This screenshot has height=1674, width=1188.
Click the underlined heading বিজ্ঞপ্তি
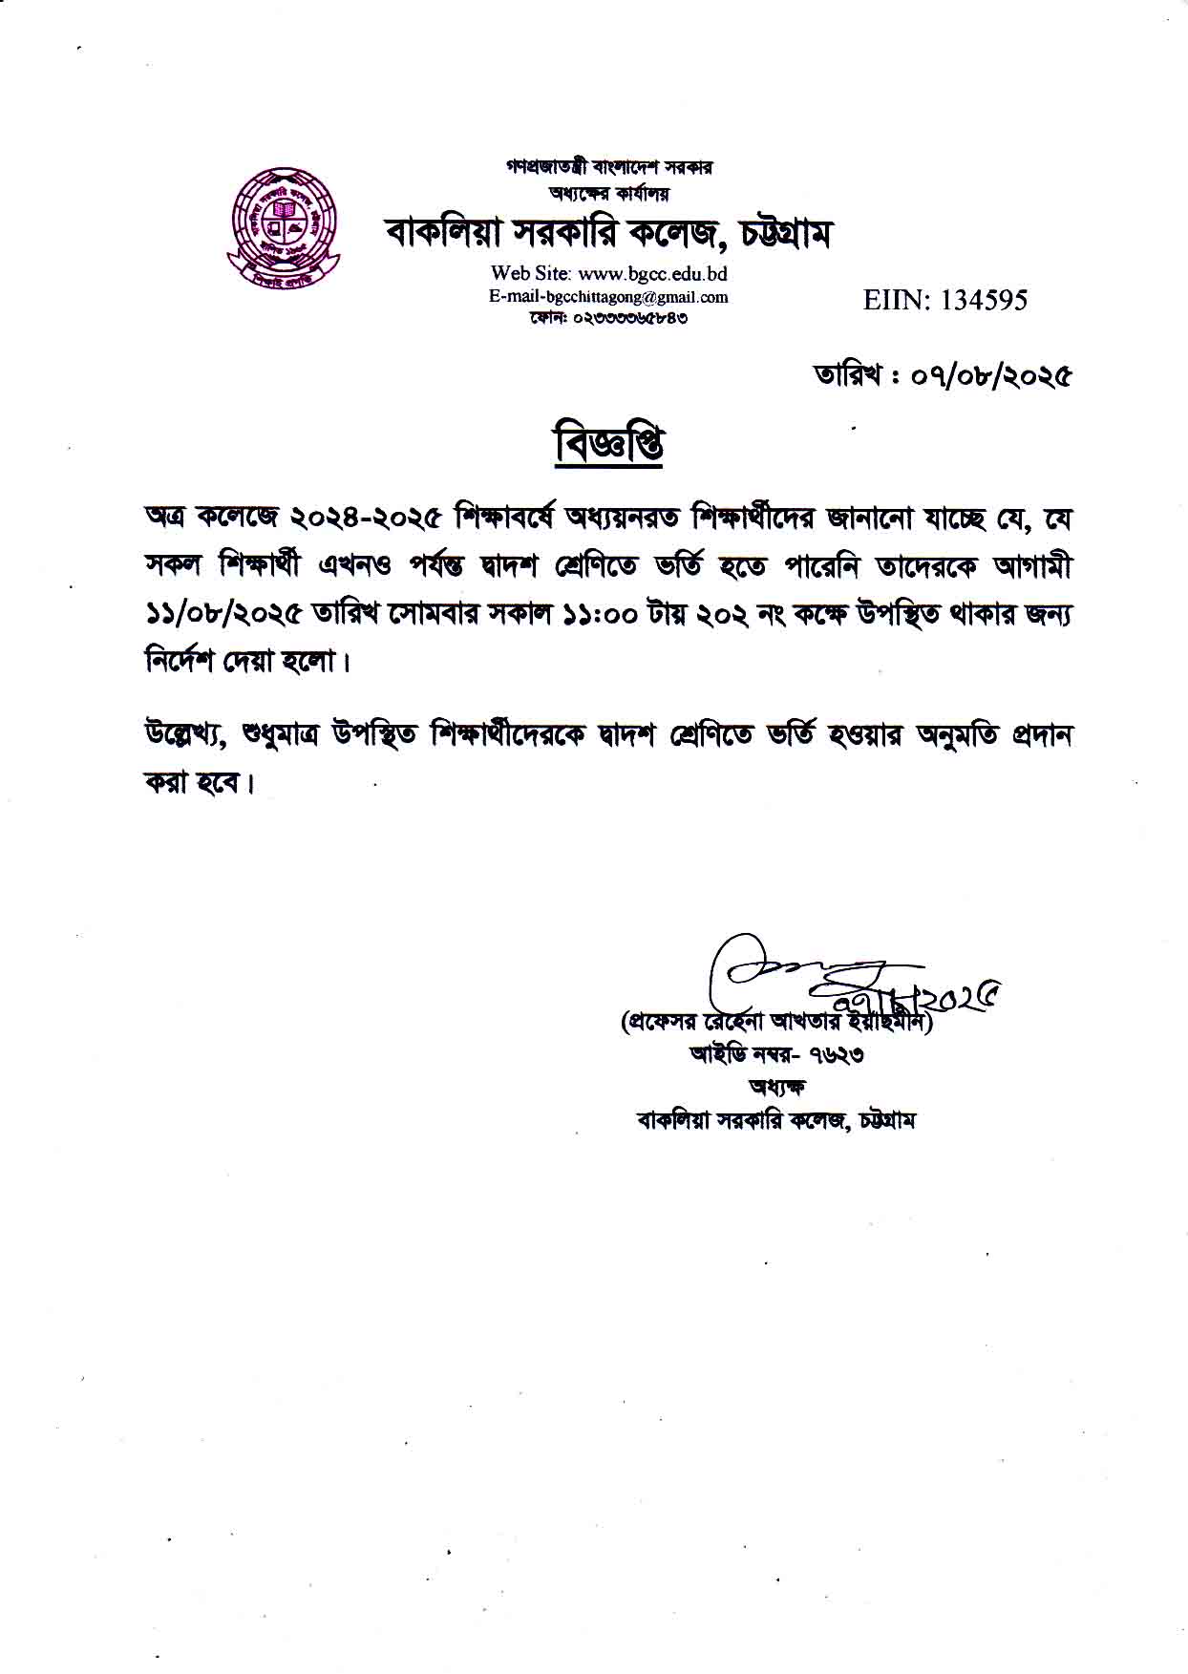pyautogui.click(x=609, y=445)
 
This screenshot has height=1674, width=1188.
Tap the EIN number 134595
pyautogui.click(x=984, y=301)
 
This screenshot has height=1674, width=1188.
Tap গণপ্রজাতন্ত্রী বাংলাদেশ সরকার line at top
pyautogui.click(x=609, y=167)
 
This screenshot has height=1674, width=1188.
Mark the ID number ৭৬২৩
pyautogui.click(x=836, y=1055)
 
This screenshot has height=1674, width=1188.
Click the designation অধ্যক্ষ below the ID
pyautogui.click(x=776, y=1088)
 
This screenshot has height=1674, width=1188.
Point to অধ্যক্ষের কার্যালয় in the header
pyautogui.click(x=609, y=193)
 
